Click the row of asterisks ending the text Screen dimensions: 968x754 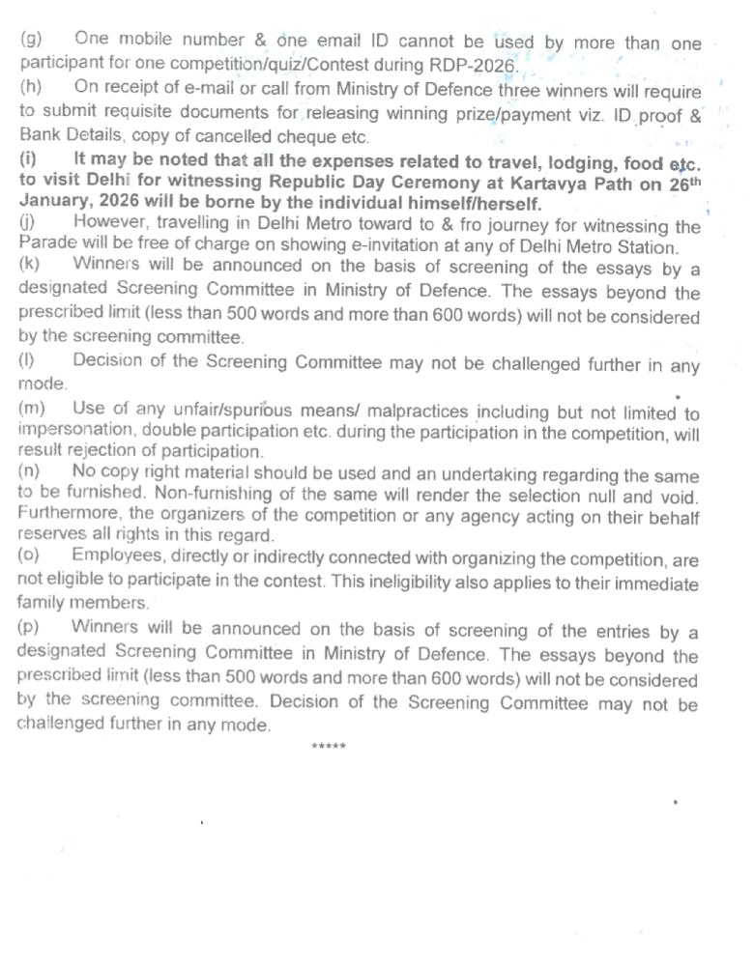click(328, 747)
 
